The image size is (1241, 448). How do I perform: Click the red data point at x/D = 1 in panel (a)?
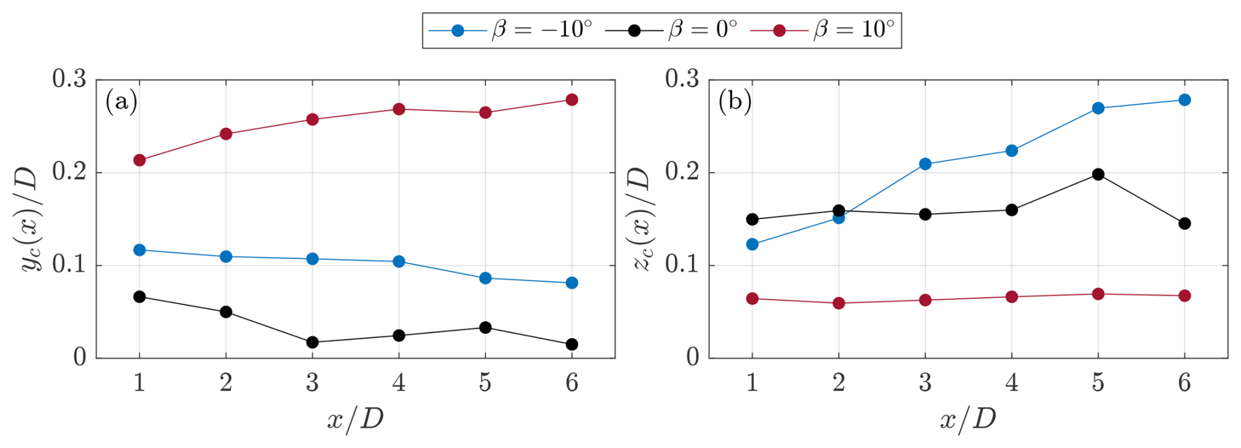click(x=139, y=160)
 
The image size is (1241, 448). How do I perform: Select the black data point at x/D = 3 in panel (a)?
click(x=312, y=342)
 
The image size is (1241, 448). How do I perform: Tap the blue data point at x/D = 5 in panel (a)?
click(x=485, y=278)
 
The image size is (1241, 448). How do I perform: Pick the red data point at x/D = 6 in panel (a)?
click(x=571, y=100)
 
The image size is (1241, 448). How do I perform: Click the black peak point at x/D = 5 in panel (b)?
click(x=1098, y=174)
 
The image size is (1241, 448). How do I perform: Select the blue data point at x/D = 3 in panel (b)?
click(x=925, y=164)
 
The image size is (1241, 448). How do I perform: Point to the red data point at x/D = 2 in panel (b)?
click(x=838, y=303)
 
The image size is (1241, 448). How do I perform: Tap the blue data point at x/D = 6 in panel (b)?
click(x=1185, y=100)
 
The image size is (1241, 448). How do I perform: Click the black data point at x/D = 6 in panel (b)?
click(x=1185, y=224)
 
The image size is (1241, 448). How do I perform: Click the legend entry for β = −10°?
click(x=512, y=30)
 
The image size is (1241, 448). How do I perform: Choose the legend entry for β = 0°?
click(x=672, y=30)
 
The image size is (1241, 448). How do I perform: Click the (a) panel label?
click(x=121, y=102)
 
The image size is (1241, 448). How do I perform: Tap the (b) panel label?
click(x=735, y=102)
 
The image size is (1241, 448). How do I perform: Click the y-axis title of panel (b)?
click(x=643, y=218)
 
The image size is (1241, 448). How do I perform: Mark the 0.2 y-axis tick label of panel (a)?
click(x=70, y=173)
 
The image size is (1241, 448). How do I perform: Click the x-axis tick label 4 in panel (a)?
click(x=399, y=382)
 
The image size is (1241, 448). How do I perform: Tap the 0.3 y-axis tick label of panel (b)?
click(x=682, y=79)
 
